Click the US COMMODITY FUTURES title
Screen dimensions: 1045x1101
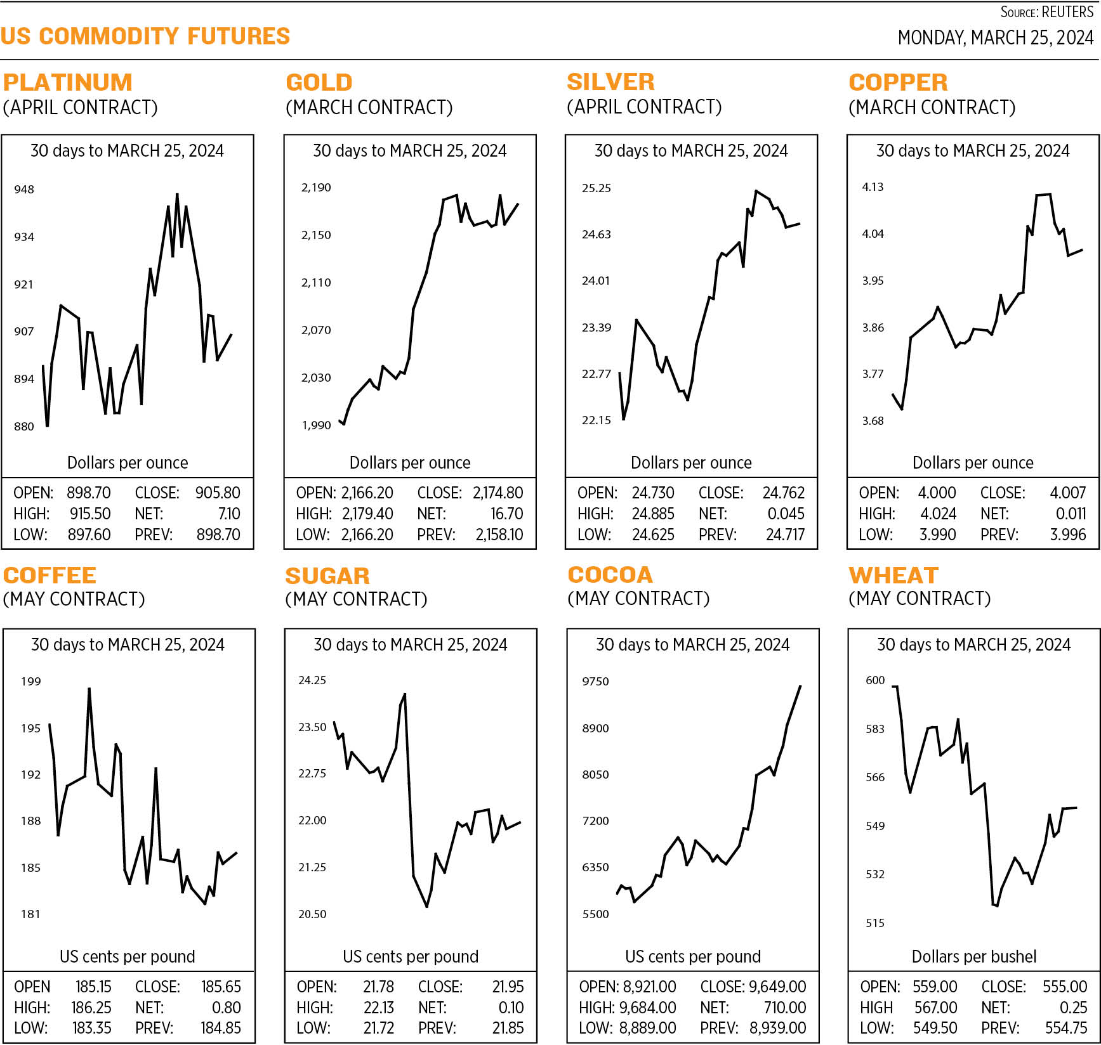[x=145, y=36]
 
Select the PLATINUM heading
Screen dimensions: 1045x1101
[x=67, y=82]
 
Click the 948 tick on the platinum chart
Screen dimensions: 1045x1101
[x=24, y=189]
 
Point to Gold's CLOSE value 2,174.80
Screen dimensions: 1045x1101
[x=498, y=493]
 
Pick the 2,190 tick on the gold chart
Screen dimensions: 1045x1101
[x=316, y=187]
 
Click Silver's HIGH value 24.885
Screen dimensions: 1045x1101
[x=653, y=514]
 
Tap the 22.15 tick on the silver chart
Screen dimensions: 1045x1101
[x=596, y=420]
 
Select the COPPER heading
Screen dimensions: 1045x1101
[x=898, y=82]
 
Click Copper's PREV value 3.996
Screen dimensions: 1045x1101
[x=1067, y=535]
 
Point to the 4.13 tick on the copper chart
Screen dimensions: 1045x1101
[x=873, y=186]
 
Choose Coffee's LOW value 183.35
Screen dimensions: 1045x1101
[x=92, y=1028]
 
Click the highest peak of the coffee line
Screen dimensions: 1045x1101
[x=89, y=689]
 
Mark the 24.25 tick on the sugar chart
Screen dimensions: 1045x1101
[x=312, y=680]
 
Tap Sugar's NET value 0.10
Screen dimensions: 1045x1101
[x=511, y=1008]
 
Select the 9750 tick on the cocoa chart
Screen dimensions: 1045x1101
[x=595, y=681]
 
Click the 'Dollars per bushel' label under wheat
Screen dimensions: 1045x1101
[x=973, y=956]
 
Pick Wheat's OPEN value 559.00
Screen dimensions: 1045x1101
[x=935, y=987]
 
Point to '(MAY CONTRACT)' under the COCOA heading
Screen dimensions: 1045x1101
[x=638, y=598]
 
